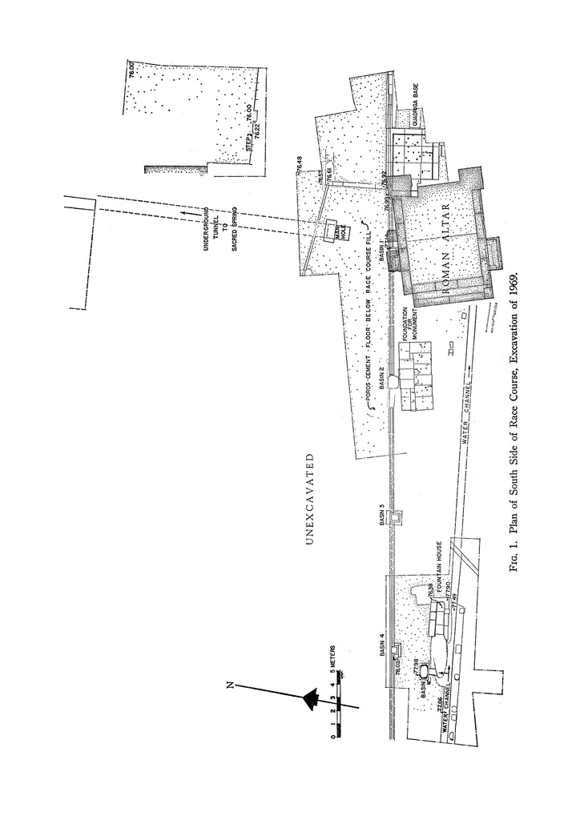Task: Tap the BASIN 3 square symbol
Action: (393, 517)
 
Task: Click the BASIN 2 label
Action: (382, 374)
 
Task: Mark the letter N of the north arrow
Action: (231, 685)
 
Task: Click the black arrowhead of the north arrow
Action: (309, 699)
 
